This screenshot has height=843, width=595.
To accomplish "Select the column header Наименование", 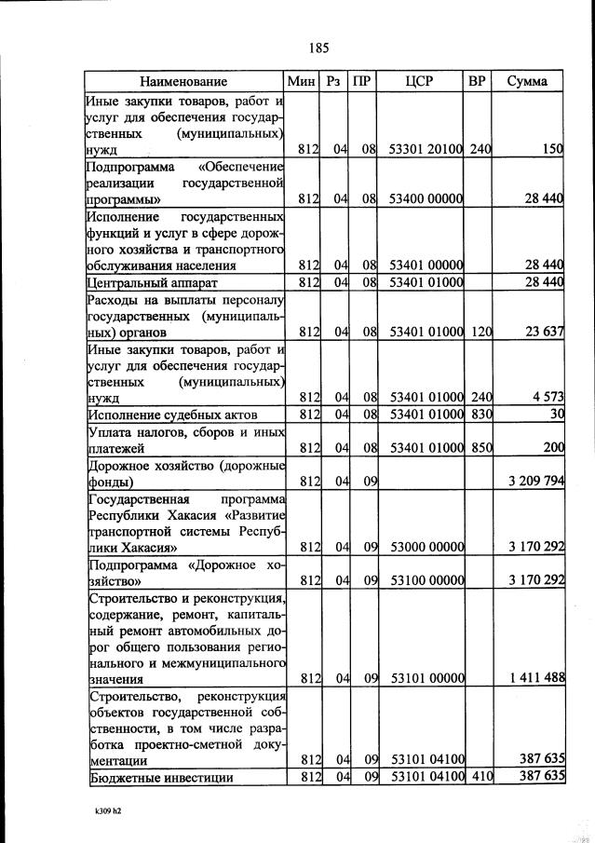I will click(183, 81).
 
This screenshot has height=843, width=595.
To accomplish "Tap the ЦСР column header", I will click(420, 81).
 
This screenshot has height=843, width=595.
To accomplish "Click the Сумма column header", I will click(527, 81).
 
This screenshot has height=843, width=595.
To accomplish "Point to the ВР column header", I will click(478, 81).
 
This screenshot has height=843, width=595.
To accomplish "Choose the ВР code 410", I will click(480, 777).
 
